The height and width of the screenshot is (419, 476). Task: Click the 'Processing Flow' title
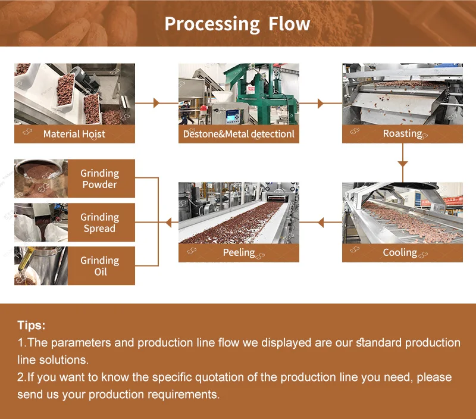click(x=237, y=24)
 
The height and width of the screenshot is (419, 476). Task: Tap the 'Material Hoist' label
click(x=74, y=134)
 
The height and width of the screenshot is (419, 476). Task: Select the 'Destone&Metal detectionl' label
click(x=239, y=134)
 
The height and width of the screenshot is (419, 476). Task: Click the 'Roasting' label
click(x=402, y=133)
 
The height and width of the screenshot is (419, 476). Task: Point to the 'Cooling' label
click(x=400, y=252)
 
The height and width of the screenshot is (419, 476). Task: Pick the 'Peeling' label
click(x=239, y=252)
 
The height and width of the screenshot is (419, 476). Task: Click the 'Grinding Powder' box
click(x=99, y=179)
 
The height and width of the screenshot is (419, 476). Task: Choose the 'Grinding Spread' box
click(x=99, y=223)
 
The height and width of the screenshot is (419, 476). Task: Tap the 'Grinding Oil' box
click(x=99, y=265)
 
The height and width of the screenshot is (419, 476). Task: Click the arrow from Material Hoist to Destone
click(x=156, y=103)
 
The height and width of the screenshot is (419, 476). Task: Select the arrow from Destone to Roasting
click(x=321, y=103)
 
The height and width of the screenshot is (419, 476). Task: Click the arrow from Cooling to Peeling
click(x=321, y=223)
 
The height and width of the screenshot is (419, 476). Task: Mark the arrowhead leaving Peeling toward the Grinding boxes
click(x=168, y=223)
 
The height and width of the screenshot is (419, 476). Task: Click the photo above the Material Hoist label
click(x=74, y=94)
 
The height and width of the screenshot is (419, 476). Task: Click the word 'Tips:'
click(x=31, y=326)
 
